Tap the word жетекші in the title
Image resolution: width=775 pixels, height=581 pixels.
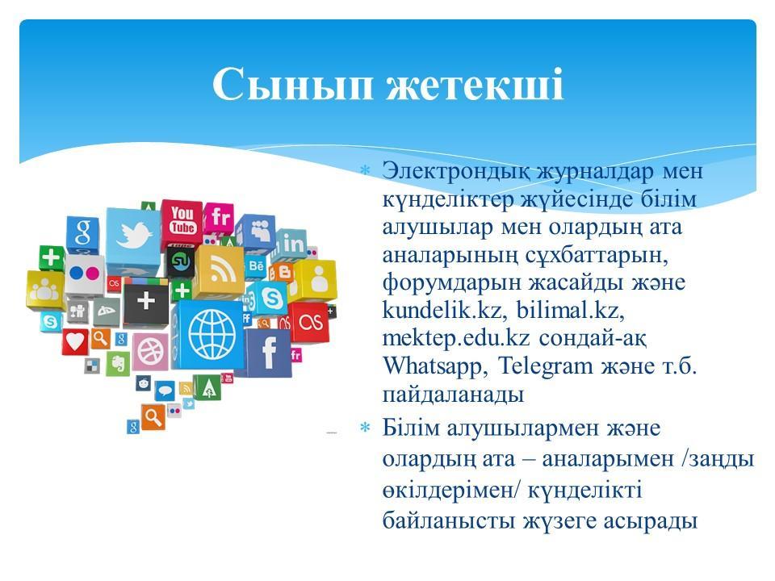(x=475, y=84)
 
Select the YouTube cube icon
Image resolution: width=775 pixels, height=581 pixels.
(x=182, y=223)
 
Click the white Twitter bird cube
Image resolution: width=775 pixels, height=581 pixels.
(x=133, y=236)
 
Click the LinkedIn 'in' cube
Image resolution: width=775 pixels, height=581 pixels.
(x=292, y=245)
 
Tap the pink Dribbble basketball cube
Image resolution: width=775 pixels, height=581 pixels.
(x=150, y=352)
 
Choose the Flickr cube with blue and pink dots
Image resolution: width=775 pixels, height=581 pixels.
(x=85, y=274)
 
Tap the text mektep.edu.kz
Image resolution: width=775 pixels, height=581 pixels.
(x=455, y=339)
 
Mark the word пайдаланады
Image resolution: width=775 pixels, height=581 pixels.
(x=453, y=395)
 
